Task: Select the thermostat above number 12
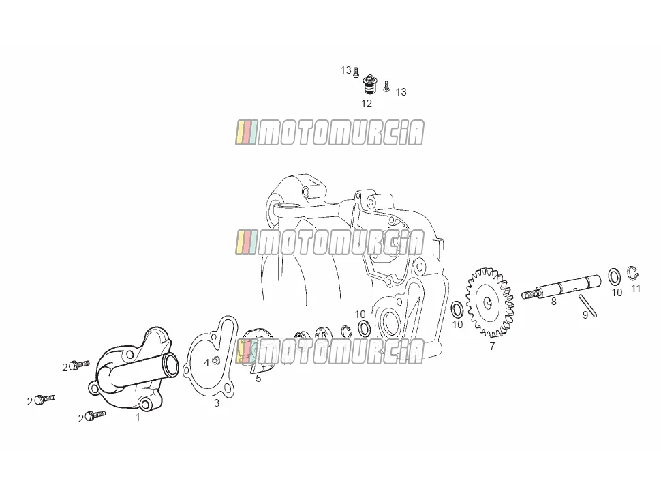(x=369, y=85)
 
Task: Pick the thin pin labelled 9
(x=587, y=305)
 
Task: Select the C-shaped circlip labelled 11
(x=632, y=273)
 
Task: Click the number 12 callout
(x=367, y=104)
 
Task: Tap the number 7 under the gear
(x=492, y=347)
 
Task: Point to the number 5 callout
(x=258, y=379)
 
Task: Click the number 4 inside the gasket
(x=206, y=362)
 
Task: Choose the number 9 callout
(x=585, y=315)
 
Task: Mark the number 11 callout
(x=636, y=289)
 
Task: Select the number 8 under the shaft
(x=553, y=302)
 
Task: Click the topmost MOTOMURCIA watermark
(x=330, y=132)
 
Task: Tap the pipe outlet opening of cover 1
(x=172, y=366)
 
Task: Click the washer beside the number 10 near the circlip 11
(x=614, y=276)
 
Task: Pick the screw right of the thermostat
(x=386, y=87)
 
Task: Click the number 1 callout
(x=138, y=418)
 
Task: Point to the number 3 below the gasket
(x=217, y=403)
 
